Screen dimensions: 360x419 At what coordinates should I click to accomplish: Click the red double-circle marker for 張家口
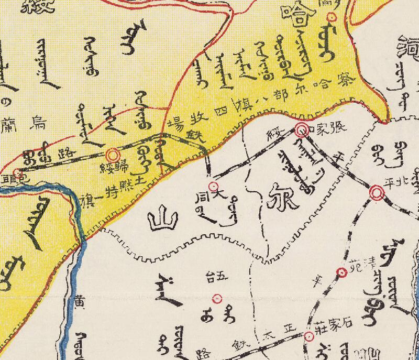click(x=302, y=130)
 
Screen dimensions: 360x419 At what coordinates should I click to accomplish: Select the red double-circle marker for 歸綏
click(x=113, y=155)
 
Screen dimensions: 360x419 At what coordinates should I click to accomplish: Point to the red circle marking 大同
click(x=213, y=187)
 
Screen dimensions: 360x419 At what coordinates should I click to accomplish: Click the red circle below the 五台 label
click(x=217, y=299)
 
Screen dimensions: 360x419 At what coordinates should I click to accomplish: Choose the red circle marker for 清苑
click(x=341, y=272)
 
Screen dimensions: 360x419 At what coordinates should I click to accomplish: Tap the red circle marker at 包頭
click(x=17, y=172)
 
